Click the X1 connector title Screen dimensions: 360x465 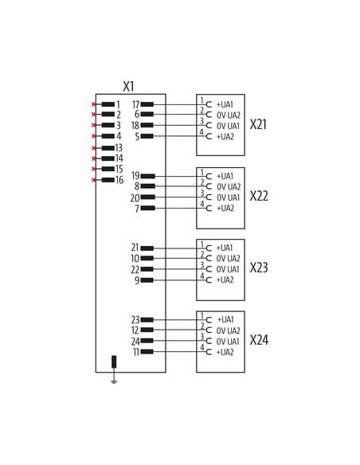point(129,86)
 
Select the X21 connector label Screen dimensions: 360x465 point(258,124)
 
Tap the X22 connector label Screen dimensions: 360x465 point(259,196)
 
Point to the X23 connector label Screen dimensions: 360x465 point(259,268)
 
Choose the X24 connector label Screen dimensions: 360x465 point(259,340)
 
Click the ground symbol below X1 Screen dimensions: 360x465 point(114,381)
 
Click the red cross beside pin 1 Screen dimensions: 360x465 point(93,104)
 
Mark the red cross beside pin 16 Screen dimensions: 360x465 point(94,180)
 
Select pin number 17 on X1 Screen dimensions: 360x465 point(136,104)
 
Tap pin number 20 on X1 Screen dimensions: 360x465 point(135,197)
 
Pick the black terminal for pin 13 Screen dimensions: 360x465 point(108,147)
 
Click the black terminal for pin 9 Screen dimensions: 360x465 point(147,280)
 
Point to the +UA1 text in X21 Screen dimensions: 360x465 point(225,104)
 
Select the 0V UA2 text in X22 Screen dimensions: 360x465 point(229,187)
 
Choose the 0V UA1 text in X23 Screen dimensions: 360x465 point(228,269)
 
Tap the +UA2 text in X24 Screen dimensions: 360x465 point(225,352)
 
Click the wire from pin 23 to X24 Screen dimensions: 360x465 point(180,320)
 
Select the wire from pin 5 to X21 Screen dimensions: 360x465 point(180,136)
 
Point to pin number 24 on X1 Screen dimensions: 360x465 point(135,342)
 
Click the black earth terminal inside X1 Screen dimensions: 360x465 point(114,361)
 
